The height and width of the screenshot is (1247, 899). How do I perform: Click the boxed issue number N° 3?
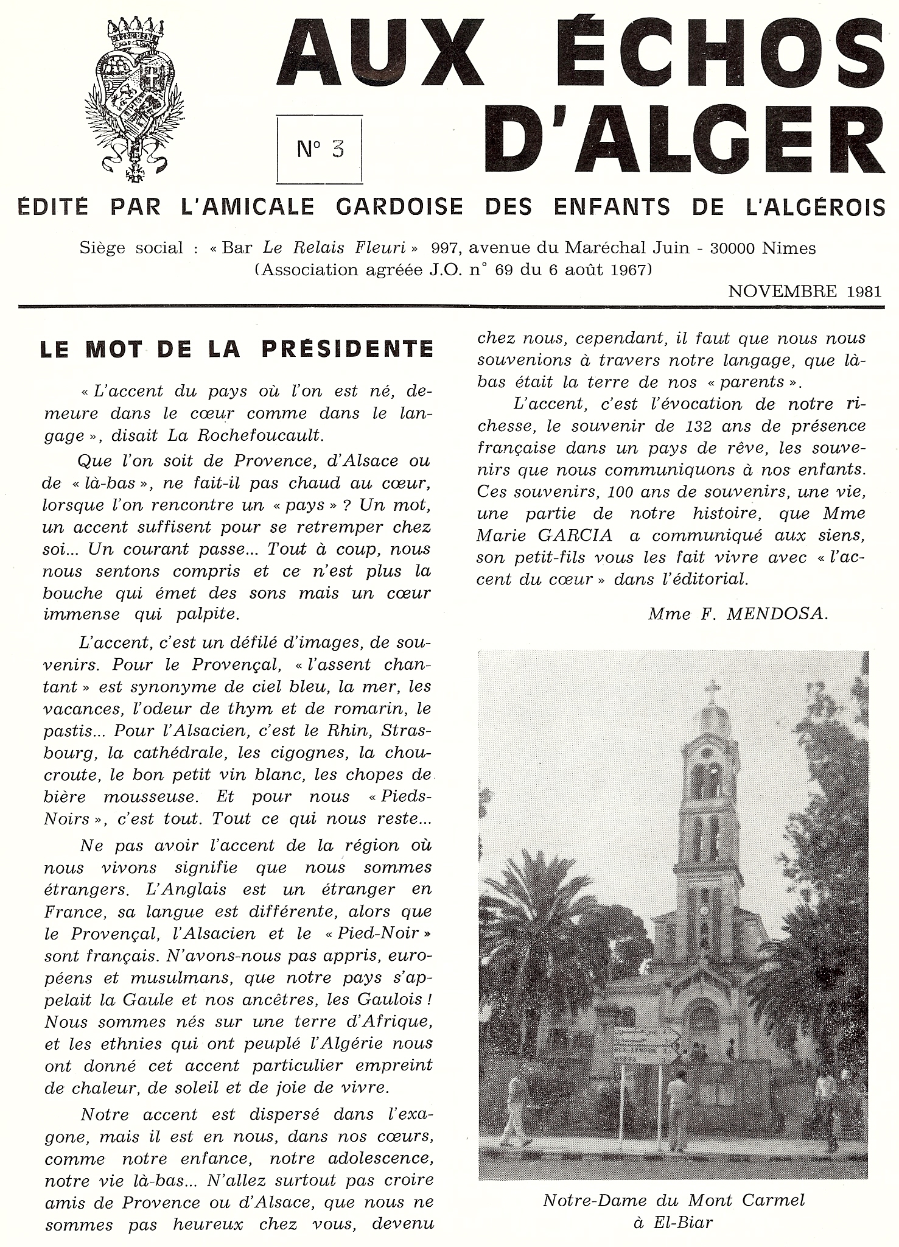click(x=320, y=149)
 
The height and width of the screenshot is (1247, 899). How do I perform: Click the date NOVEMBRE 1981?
click(x=805, y=290)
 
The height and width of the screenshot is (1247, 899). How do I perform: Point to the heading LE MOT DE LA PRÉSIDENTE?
click(x=237, y=349)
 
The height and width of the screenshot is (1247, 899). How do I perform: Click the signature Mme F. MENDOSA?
click(x=738, y=614)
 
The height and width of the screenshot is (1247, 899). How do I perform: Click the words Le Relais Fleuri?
click(x=340, y=248)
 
